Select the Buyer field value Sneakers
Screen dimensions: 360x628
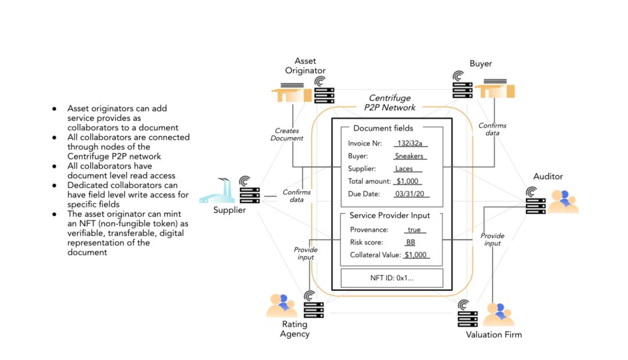pos(409,156)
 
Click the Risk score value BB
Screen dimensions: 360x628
pos(411,242)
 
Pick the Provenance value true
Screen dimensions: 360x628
pos(413,230)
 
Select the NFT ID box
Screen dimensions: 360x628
pos(391,278)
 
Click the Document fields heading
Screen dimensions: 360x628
pos(383,128)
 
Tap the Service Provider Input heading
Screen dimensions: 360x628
pos(390,215)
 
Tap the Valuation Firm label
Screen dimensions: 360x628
pos(494,334)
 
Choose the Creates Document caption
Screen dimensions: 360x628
pos(287,134)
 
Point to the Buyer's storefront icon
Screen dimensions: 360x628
pos(494,91)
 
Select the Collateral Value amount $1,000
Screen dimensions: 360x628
pos(416,255)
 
